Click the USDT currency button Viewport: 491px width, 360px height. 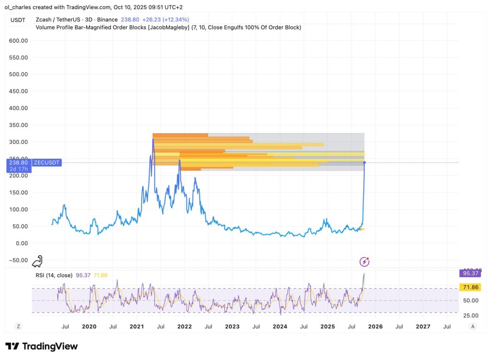[18, 20]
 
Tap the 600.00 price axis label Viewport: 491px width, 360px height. [18, 41]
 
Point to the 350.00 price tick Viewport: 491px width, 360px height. [18, 125]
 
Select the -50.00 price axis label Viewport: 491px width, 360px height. [17, 260]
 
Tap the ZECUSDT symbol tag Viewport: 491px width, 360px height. [47, 163]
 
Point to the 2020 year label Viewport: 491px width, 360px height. [89, 326]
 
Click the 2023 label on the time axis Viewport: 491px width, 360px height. [232, 326]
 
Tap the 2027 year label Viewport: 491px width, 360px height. [423, 326]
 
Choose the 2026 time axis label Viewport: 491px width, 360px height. [375, 326]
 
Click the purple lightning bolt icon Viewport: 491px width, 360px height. [364, 261]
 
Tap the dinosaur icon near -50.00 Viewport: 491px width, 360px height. [37, 261]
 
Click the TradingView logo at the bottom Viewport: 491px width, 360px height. [41, 346]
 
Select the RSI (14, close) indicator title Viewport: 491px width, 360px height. [54, 275]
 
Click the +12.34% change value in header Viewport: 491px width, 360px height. [176, 20]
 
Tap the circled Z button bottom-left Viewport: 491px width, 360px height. [18, 326]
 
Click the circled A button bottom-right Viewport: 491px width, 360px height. [473, 326]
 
